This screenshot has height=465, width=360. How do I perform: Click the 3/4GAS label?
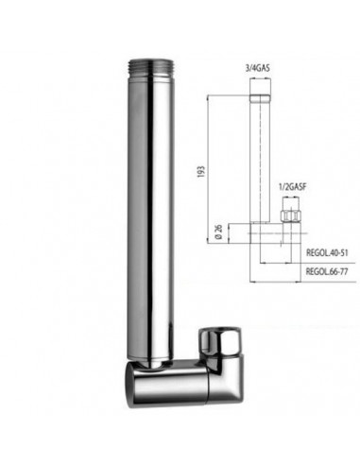(x=259, y=67)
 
